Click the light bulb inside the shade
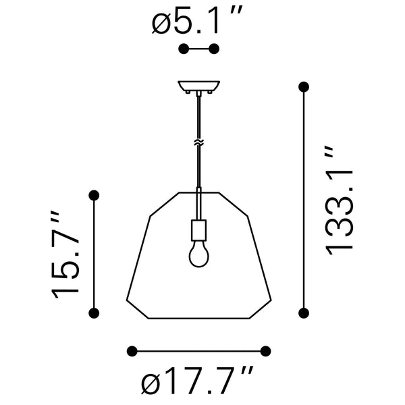pos(198,254)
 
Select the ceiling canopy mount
pos(198,87)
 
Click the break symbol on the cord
pos(198,142)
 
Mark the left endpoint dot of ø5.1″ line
pos(183,49)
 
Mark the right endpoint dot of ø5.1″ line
pos(215,49)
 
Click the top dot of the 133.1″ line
pos(304,86)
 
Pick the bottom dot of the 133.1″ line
pos(304,312)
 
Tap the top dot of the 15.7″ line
pos(94,195)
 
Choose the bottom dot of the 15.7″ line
pos(94,312)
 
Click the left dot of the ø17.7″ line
pos(132,350)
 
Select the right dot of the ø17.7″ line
pos(265,350)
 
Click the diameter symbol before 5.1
pos(161,24)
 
